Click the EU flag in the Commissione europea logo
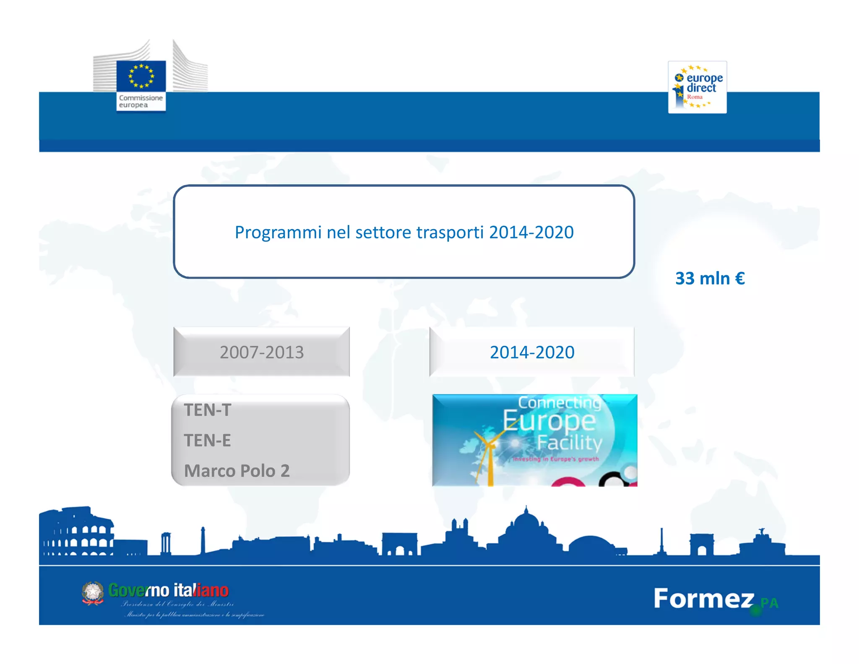click(x=141, y=76)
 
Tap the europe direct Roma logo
click(x=697, y=87)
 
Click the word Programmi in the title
click(x=278, y=232)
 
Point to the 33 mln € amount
click(x=710, y=278)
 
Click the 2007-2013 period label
click(x=262, y=352)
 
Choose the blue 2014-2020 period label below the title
click(x=532, y=352)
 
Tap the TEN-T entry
click(x=208, y=410)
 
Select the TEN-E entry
click(x=208, y=441)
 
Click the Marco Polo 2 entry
click(x=237, y=471)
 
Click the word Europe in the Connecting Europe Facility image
click(x=549, y=421)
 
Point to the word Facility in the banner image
click(x=570, y=442)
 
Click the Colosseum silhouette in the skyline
click(x=78, y=533)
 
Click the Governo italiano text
click(x=169, y=591)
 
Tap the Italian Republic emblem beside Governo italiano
click(x=93, y=593)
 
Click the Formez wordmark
click(x=704, y=599)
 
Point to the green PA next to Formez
click(x=769, y=603)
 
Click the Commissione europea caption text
click(x=141, y=101)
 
